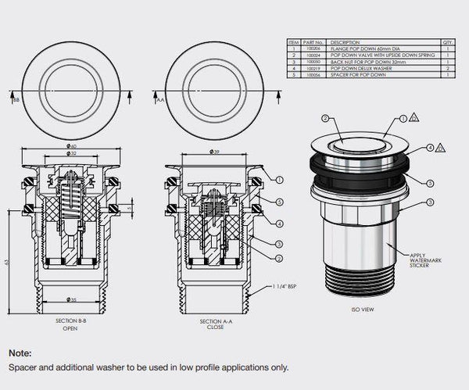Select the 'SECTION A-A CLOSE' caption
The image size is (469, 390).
pyautogui.click(x=213, y=324)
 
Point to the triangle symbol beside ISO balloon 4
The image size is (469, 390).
pyautogui.click(x=442, y=148)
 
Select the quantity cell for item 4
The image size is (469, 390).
pyautogui.click(x=448, y=70)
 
